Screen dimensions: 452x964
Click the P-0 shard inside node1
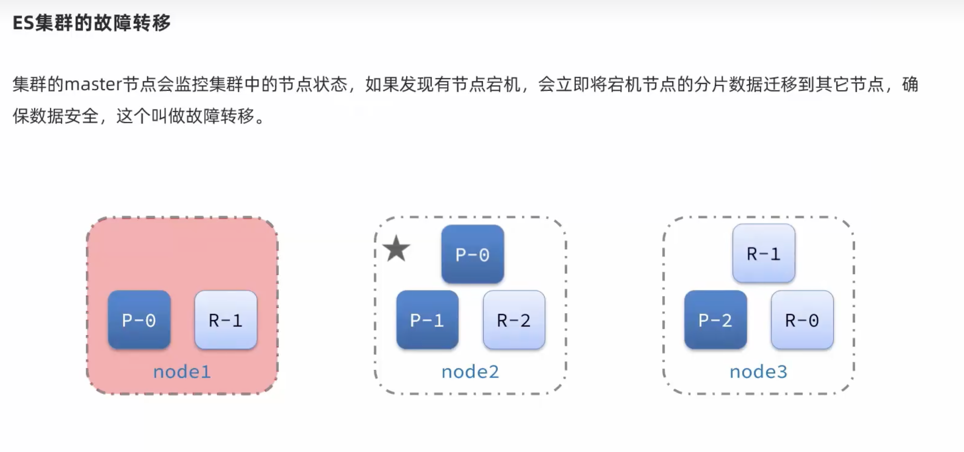[139, 320]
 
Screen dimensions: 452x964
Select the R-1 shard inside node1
[225, 320]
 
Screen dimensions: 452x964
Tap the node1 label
[182, 372]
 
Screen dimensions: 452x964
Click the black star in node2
[396, 249]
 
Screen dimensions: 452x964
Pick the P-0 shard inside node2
[472, 254]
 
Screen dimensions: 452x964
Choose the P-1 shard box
[427, 320]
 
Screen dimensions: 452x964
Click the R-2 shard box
[514, 320]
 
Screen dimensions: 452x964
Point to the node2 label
[470, 372]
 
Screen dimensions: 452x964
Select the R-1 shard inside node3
[764, 253]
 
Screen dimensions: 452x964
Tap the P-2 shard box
[715, 320]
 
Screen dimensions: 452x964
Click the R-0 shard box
[802, 320]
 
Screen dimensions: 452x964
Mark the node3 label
[758, 372]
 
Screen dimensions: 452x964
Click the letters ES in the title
[23, 23]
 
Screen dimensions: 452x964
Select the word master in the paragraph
[93, 85]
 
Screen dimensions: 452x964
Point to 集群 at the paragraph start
[29, 85]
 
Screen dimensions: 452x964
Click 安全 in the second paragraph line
[81, 116]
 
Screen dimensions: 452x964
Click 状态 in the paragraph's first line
[330, 85]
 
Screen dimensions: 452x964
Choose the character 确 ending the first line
[910, 85]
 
